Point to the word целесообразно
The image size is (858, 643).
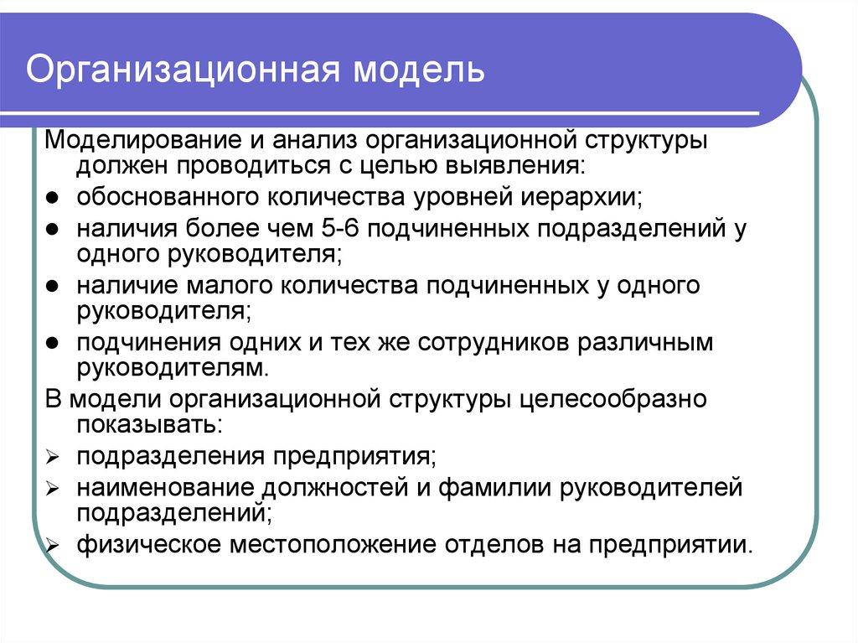click(x=612, y=399)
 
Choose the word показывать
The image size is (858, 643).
click(x=149, y=423)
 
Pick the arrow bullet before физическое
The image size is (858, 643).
click(x=52, y=546)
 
